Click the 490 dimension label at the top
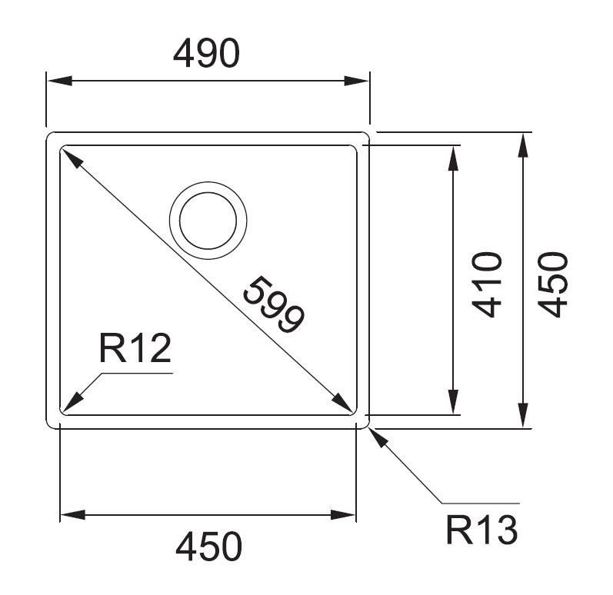coord(206,53)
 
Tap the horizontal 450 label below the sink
coord(208,546)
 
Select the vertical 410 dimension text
coord(487,284)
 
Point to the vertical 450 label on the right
coord(553,284)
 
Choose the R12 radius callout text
coord(135,348)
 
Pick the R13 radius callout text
coord(481,530)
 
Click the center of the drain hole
coord(208,221)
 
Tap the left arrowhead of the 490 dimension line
coord(59,81)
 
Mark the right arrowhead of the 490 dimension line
coord(357,81)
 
